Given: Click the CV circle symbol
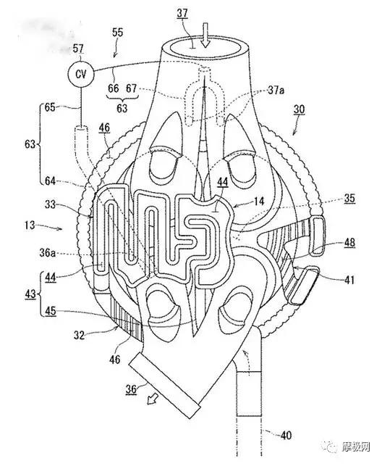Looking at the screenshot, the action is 80,74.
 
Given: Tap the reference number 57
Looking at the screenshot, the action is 78,49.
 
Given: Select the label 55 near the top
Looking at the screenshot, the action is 117,32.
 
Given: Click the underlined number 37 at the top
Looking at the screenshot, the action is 182,13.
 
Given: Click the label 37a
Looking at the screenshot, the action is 276,90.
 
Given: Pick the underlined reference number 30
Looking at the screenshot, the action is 299,109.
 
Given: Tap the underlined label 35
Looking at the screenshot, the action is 349,198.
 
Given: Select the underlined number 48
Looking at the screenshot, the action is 349,243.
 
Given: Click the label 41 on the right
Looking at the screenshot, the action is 349,280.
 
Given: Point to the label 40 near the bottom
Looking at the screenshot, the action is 286,435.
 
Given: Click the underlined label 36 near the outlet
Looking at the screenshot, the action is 131,389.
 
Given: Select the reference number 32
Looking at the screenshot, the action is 79,335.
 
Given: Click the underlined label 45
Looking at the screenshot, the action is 51,311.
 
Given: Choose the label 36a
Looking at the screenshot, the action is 48,253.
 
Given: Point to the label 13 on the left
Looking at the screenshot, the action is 30,225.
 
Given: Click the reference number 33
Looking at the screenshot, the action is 50,204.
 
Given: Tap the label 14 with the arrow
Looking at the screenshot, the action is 258,202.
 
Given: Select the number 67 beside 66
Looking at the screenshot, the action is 132,88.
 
